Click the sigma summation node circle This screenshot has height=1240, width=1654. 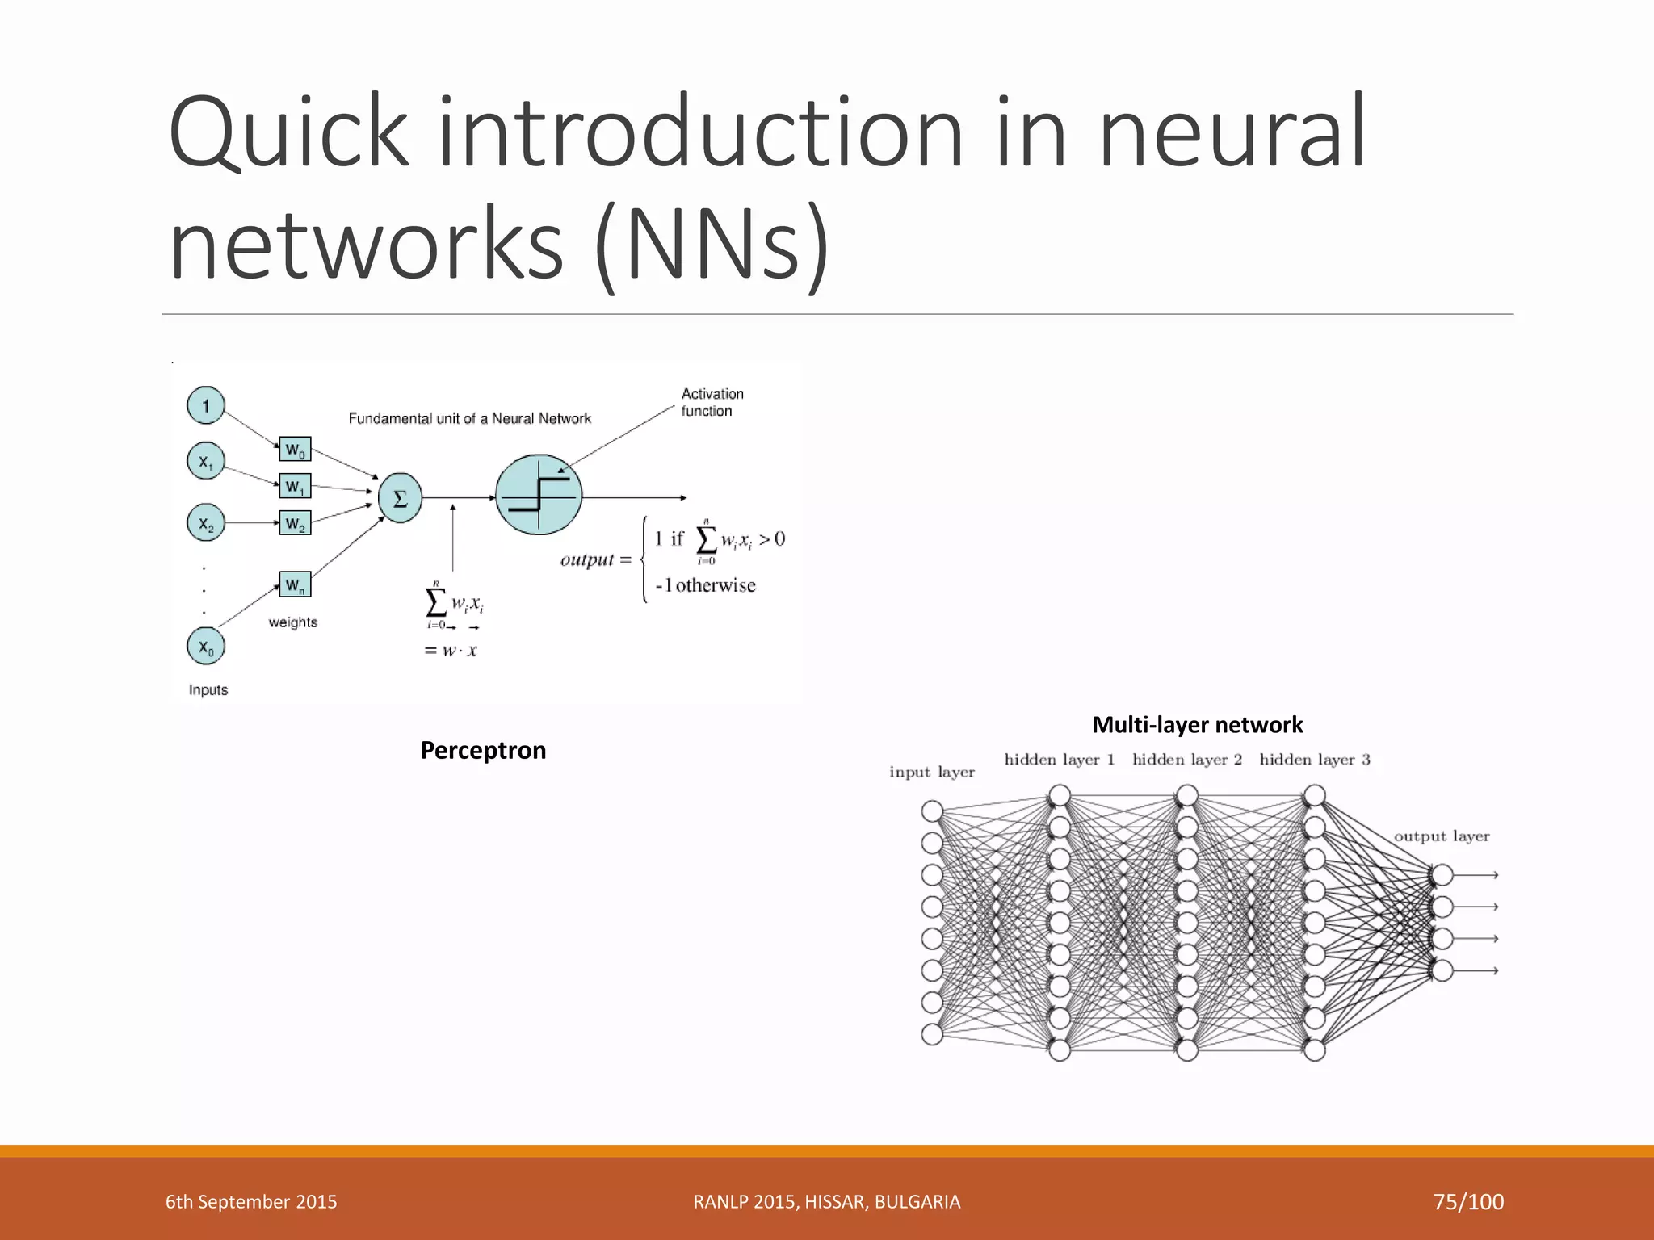tap(400, 498)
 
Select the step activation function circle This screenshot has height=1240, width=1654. tap(539, 494)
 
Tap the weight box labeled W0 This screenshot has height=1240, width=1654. tap(295, 449)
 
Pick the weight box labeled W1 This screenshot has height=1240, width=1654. tap(295, 486)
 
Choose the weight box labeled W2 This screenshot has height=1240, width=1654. tap(295, 523)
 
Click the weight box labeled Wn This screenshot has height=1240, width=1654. tap(295, 584)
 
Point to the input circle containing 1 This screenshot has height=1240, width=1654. tap(206, 405)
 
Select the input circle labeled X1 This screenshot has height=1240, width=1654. tap(206, 462)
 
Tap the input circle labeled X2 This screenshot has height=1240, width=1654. tap(206, 523)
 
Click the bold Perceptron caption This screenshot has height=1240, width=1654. tap(483, 750)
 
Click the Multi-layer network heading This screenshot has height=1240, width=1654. tap(1197, 724)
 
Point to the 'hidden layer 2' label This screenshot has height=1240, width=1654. tap(1186, 759)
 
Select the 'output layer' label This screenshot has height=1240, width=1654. tap(1441, 836)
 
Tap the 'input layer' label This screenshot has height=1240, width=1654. tap(931, 772)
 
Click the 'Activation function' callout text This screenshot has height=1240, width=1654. tap(712, 402)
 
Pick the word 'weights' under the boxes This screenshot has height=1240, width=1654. tap(292, 622)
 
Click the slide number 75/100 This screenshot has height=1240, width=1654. tap(1467, 1201)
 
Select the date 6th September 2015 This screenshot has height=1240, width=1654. tap(251, 1201)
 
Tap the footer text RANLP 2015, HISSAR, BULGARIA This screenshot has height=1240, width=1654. tap(826, 1201)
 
